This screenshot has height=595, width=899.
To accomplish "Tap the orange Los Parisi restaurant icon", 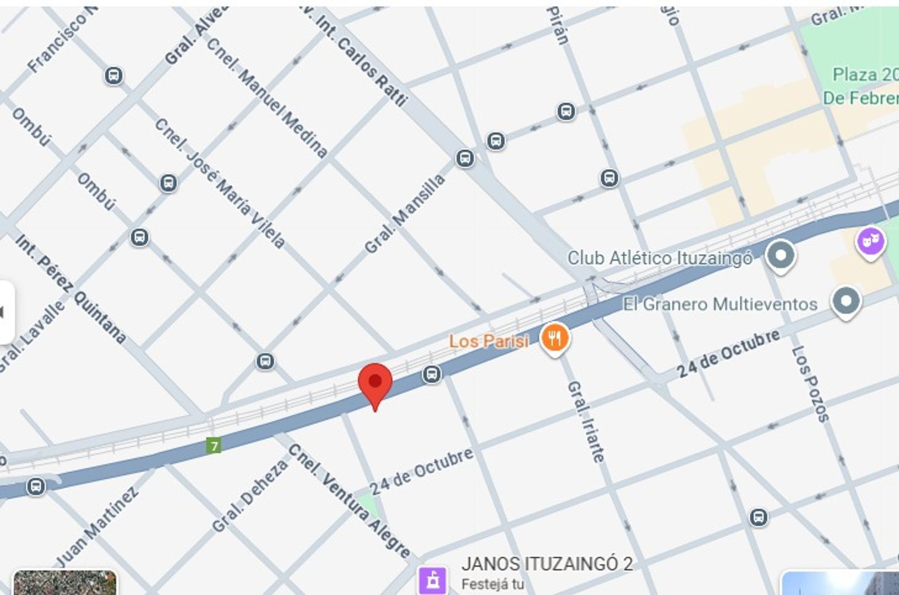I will coord(555,338).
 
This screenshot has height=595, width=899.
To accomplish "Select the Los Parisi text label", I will coord(489,341).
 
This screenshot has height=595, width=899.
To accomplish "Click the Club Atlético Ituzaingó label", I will coord(660,258).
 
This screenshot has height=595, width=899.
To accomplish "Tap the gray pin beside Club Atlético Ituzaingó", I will coord(780,256).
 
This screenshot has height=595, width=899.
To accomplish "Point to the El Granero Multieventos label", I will coord(720,304).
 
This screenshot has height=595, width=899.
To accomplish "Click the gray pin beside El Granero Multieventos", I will coord(846,301).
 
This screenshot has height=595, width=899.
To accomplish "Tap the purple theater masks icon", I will coord(870,242).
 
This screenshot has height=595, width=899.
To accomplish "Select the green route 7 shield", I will coord(214,445).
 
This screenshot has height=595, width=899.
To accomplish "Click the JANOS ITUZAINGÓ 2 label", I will coord(547,564).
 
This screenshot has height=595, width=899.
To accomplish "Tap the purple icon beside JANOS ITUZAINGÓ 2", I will coord(432,580).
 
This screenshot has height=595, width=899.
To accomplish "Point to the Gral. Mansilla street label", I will coord(405,214).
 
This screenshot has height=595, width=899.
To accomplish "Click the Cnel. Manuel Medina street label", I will coord(267,98).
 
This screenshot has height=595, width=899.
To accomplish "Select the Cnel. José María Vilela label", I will coord(220,183).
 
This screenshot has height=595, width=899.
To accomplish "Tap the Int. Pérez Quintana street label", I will coord(70,288).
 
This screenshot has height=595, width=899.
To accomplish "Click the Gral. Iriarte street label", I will coord(586,421).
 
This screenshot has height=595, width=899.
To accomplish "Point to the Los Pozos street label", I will coord(810,384).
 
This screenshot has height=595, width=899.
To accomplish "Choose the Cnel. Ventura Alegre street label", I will coord(349,500).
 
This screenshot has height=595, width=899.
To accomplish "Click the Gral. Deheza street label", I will coord(249,496).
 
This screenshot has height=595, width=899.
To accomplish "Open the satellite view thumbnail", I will coord(64,583).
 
